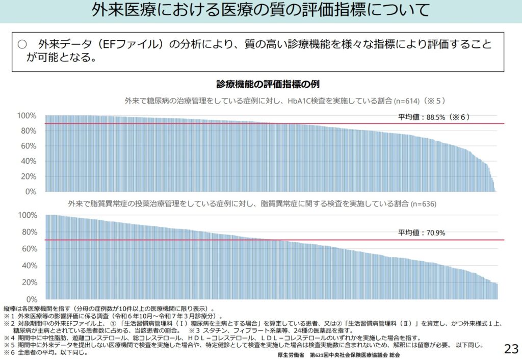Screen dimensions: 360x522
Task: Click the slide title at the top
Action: pos(260,11)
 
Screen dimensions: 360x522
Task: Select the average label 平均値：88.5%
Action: pos(433,117)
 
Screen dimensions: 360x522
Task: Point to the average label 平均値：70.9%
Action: pos(422,233)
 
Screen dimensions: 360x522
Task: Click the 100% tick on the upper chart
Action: pos(27,116)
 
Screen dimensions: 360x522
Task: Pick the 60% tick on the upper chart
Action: pos(29,146)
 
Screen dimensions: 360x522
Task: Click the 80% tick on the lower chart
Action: pos(29,232)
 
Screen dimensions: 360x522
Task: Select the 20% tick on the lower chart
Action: pos(29,282)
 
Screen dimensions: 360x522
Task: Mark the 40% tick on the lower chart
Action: pos(29,266)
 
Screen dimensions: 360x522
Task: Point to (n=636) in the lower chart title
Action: pos(422,203)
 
